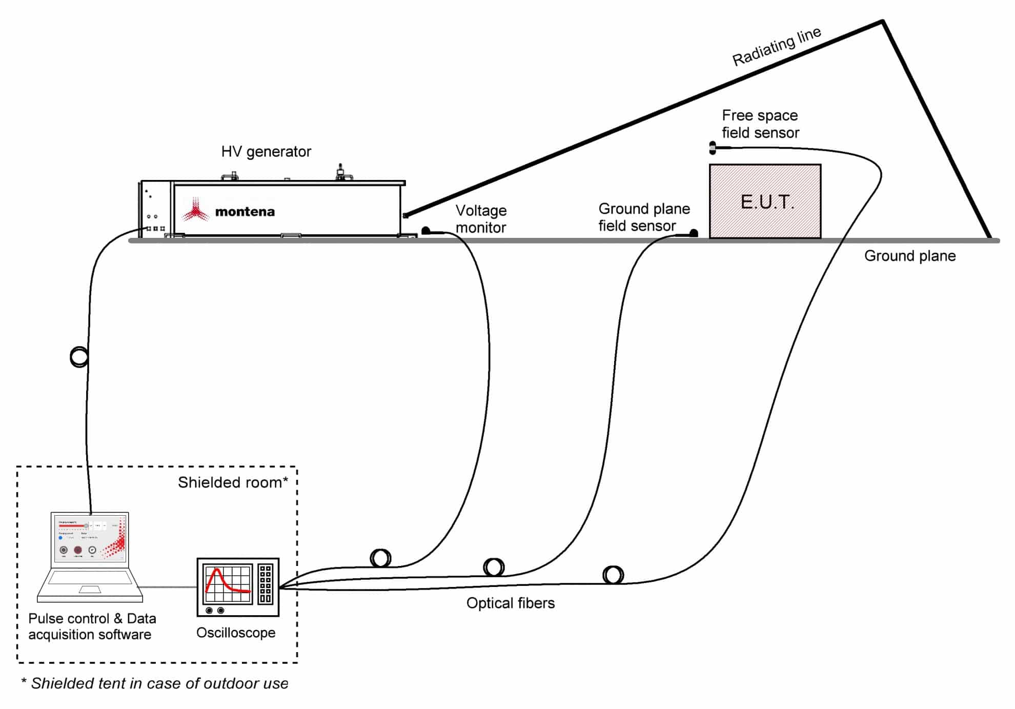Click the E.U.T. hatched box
765,201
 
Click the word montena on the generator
245,212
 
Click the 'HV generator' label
266,152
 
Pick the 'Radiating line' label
777,47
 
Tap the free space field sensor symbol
713,148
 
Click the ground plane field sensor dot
694,233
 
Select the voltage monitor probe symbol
426,231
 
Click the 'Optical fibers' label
510,603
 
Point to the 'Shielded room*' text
233,482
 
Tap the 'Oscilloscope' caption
236,633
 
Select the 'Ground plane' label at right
909,256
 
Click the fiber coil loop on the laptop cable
79,356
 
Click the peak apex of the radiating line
883,22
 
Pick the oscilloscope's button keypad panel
266,584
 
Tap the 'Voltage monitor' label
481,219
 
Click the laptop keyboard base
90,584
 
